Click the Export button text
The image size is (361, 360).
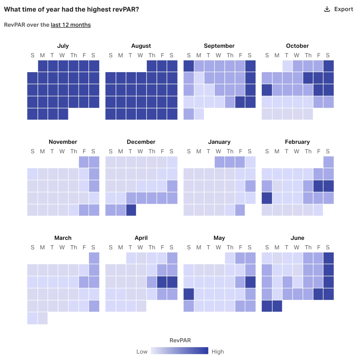(344, 9)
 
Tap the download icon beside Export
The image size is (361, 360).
(327, 9)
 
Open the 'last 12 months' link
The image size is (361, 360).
(71, 25)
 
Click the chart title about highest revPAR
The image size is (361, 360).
(71, 9)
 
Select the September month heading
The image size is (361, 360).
(219, 46)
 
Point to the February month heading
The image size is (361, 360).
(297, 142)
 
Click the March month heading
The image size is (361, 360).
(63, 238)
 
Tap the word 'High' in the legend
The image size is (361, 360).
(218, 352)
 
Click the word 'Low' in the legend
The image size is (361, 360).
(142, 352)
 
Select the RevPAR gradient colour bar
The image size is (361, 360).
(179, 351)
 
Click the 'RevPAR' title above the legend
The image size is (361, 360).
(180, 340)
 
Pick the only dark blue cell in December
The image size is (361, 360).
(131, 210)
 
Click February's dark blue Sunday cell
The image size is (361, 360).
(267, 198)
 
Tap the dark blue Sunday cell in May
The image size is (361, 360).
(189, 294)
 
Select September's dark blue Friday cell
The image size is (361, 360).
(240, 102)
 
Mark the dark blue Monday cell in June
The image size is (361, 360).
(277, 306)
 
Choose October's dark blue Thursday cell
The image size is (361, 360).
(308, 78)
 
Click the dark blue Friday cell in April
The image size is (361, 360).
(162, 282)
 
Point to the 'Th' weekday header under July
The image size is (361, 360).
(74, 55)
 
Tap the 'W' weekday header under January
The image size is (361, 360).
(218, 151)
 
